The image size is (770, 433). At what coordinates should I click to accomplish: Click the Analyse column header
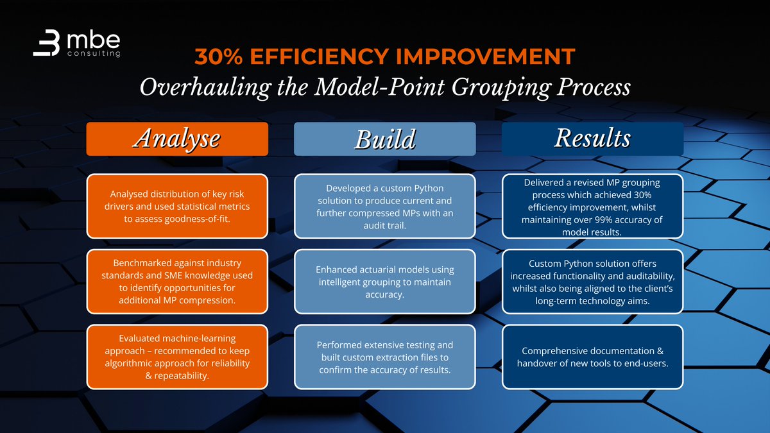coord(176,139)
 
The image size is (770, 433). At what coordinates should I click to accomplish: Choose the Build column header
coord(384,139)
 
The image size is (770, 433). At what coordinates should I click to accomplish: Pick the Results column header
coord(592,139)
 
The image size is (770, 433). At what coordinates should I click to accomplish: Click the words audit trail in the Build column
coord(384,225)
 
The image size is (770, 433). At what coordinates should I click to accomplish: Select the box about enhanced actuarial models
coord(384,282)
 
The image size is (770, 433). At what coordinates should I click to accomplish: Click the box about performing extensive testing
coord(384,357)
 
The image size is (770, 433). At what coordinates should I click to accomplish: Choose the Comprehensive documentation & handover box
coord(592,357)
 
